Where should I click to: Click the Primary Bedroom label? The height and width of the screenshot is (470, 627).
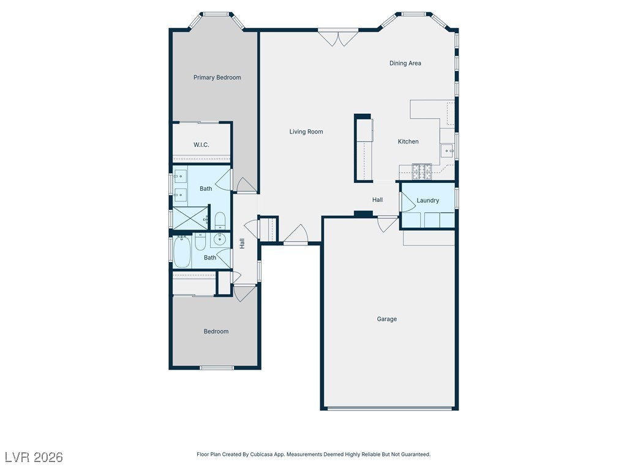point(217,78)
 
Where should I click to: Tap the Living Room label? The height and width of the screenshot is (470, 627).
point(306,132)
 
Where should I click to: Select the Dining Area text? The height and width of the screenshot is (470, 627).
point(405,63)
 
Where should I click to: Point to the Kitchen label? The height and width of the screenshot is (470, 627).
point(408,141)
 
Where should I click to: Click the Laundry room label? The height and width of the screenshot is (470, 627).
point(428,201)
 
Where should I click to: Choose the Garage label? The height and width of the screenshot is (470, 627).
point(387,319)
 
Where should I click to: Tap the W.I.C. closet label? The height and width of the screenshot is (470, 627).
point(201,144)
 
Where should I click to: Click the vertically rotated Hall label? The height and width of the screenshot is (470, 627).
point(242,244)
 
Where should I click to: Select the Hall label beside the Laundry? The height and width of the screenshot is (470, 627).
point(377,200)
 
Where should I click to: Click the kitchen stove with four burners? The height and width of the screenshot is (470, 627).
point(422,171)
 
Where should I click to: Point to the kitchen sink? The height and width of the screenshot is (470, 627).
point(447,151)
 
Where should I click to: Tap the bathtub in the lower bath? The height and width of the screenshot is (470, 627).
point(182,252)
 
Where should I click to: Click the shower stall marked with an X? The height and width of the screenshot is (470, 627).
point(190,218)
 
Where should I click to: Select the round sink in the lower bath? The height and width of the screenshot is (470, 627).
point(220,239)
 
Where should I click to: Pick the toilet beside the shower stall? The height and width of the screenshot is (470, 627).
point(220,221)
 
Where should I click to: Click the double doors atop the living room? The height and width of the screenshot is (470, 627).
point(338,38)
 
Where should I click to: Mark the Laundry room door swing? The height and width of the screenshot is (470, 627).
point(408,202)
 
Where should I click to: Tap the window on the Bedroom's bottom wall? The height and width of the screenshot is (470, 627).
point(217,368)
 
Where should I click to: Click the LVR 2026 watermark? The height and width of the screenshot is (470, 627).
point(34,457)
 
